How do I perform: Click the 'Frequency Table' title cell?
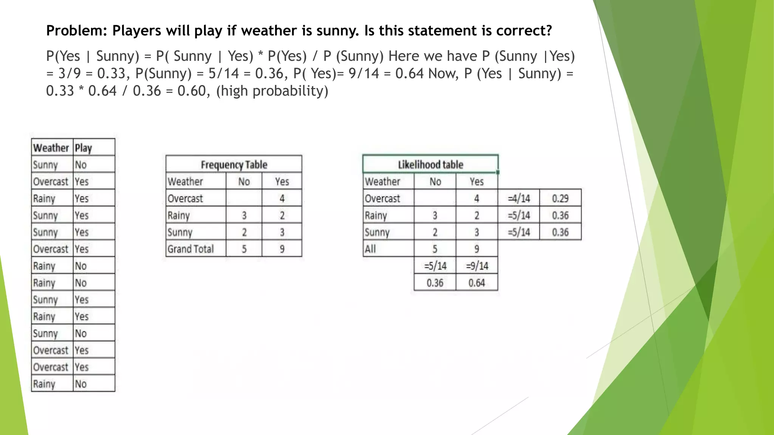234,165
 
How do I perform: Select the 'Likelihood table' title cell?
430,165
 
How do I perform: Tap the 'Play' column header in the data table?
84,148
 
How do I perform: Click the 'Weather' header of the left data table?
51,148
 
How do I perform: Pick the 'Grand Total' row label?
191,249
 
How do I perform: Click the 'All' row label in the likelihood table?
370,249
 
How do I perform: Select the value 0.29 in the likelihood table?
560,198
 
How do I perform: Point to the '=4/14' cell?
519,198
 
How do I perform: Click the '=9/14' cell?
477,266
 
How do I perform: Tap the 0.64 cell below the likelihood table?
477,283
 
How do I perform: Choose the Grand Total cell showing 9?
282,249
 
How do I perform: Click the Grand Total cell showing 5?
244,249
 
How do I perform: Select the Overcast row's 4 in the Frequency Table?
282,198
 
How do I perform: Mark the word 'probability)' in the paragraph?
290,91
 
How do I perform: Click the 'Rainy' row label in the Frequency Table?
179,215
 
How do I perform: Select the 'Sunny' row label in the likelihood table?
377,232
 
